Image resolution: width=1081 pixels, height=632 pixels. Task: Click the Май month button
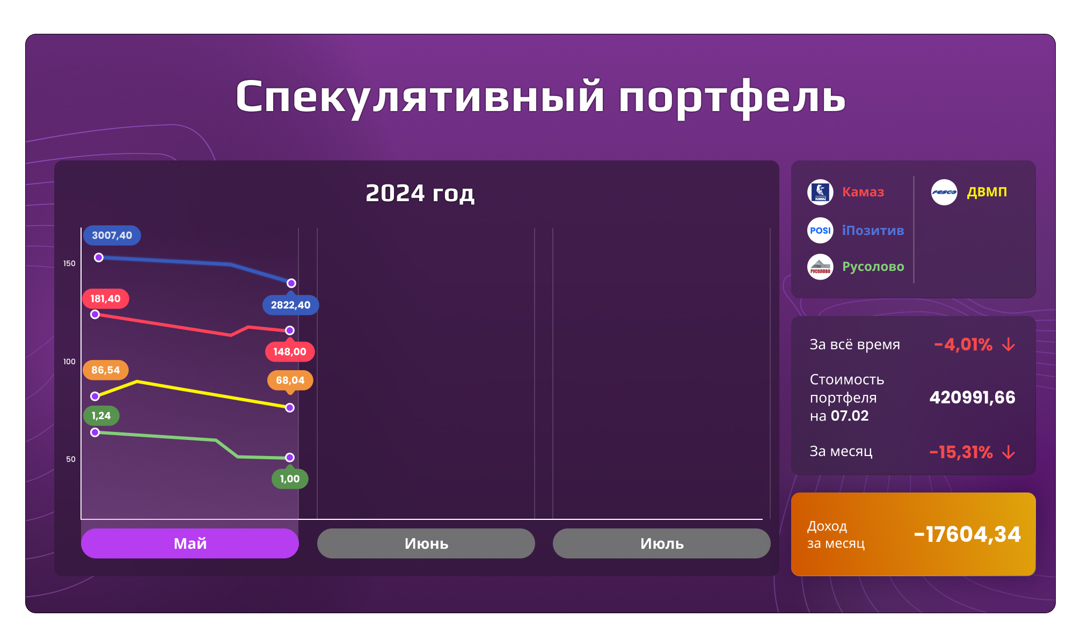(x=189, y=543)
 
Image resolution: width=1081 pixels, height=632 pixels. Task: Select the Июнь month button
(x=426, y=543)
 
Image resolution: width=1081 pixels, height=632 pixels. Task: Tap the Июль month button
(x=661, y=543)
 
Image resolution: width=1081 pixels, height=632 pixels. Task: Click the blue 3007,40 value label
(x=112, y=236)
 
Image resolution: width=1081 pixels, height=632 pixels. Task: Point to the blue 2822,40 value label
(x=290, y=305)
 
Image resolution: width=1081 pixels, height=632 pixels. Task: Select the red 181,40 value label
(x=105, y=299)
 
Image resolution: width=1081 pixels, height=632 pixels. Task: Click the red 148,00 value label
(x=290, y=352)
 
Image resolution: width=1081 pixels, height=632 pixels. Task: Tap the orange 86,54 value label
(x=105, y=370)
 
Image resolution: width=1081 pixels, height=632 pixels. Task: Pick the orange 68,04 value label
(x=290, y=380)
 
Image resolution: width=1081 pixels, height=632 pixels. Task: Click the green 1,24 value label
(x=101, y=416)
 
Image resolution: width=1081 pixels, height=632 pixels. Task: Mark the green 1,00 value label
(x=290, y=479)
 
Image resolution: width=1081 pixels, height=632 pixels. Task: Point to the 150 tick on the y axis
(x=69, y=263)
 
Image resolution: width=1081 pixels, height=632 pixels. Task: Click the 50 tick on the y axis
(x=71, y=459)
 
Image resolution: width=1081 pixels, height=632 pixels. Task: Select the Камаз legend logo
(x=820, y=192)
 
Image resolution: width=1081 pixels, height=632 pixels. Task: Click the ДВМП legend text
(x=987, y=192)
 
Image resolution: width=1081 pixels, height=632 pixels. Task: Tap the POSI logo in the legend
(x=820, y=231)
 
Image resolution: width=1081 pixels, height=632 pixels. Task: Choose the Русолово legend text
(x=873, y=267)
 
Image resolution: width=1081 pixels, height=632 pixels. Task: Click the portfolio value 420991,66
(x=972, y=398)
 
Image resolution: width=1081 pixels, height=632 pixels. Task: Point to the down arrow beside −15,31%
(x=1009, y=452)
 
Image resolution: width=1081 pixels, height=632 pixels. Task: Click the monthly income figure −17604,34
(x=967, y=534)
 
